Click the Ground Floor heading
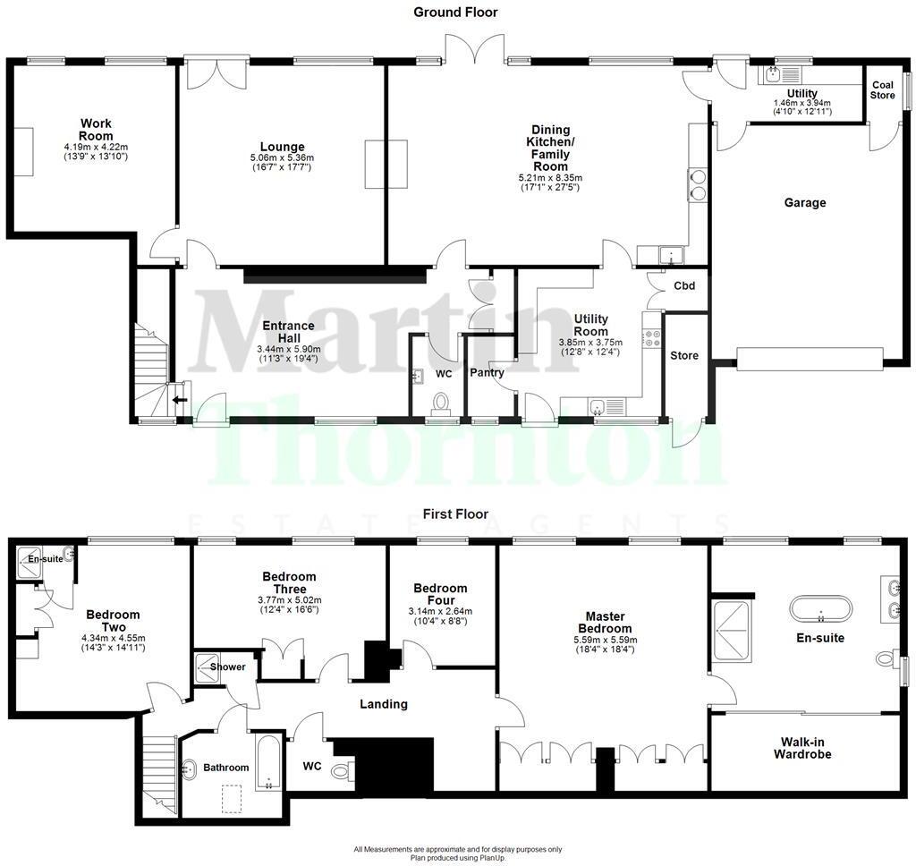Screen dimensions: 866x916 tap(455, 12)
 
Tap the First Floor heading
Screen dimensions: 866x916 tap(456, 514)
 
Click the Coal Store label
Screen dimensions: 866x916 tap(882, 90)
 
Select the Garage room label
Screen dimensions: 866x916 tap(805, 203)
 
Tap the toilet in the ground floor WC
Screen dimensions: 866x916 tap(440, 402)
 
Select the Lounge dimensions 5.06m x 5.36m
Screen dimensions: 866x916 tap(282, 158)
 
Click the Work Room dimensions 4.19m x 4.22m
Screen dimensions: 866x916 tap(96, 147)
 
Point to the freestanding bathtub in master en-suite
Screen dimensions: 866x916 tap(820, 608)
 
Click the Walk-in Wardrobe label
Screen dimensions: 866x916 tap(801, 748)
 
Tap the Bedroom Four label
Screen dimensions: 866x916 tap(440, 594)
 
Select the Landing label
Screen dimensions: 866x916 tap(384, 704)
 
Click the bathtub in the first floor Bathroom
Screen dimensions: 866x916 tap(268, 762)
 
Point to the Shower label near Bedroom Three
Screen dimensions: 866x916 tap(227, 666)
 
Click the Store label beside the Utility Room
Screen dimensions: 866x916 tap(684, 356)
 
